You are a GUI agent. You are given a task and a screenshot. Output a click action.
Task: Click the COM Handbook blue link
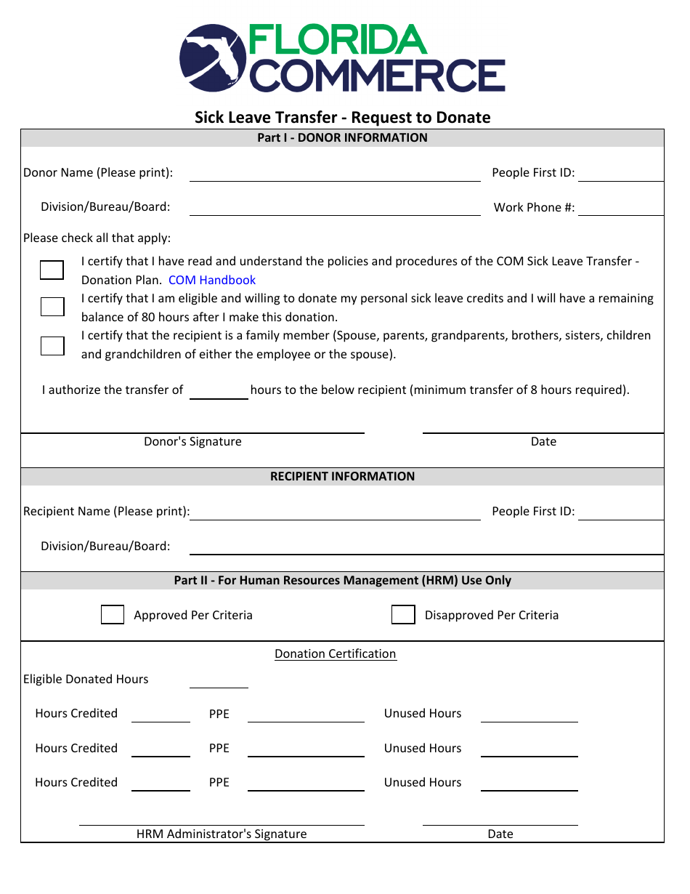click(x=212, y=280)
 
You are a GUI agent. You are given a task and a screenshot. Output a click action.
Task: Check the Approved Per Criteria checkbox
click(x=113, y=615)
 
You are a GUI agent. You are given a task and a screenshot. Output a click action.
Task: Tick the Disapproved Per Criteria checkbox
click(x=403, y=615)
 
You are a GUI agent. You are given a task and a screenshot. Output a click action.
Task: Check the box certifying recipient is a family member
click(x=52, y=345)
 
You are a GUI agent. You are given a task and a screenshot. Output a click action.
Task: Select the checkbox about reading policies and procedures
click(x=52, y=270)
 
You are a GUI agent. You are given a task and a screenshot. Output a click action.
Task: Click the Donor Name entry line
click(x=335, y=174)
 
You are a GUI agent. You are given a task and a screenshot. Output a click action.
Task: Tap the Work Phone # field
click(x=620, y=208)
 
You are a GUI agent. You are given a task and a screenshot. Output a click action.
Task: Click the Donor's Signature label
click(x=192, y=442)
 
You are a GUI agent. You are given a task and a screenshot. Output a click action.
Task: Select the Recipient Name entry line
click(x=335, y=512)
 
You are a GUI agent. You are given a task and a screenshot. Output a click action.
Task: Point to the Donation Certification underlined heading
click(x=336, y=654)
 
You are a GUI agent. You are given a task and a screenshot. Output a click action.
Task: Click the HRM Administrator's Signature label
click(x=222, y=834)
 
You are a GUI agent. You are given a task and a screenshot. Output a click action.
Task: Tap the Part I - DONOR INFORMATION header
click(x=342, y=138)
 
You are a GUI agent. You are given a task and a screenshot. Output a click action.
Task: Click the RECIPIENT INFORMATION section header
click(x=342, y=477)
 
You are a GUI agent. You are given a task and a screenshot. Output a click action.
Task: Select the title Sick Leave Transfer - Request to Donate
click(x=342, y=118)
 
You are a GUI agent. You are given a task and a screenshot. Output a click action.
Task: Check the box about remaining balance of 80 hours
click(x=52, y=307)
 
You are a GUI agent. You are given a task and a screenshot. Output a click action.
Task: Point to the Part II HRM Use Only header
click(x=342, y=581)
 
